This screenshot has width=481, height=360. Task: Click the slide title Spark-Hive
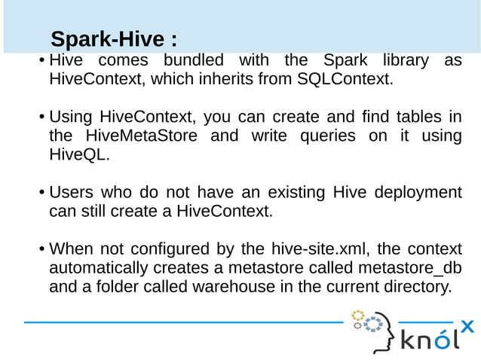tap(113, 39)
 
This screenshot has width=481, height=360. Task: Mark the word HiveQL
tap(79, 155)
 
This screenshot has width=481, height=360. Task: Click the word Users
tap(72, 193)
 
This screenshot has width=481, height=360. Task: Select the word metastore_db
tap(409, 268)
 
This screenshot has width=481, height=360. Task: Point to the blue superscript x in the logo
tap(467, 326)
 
